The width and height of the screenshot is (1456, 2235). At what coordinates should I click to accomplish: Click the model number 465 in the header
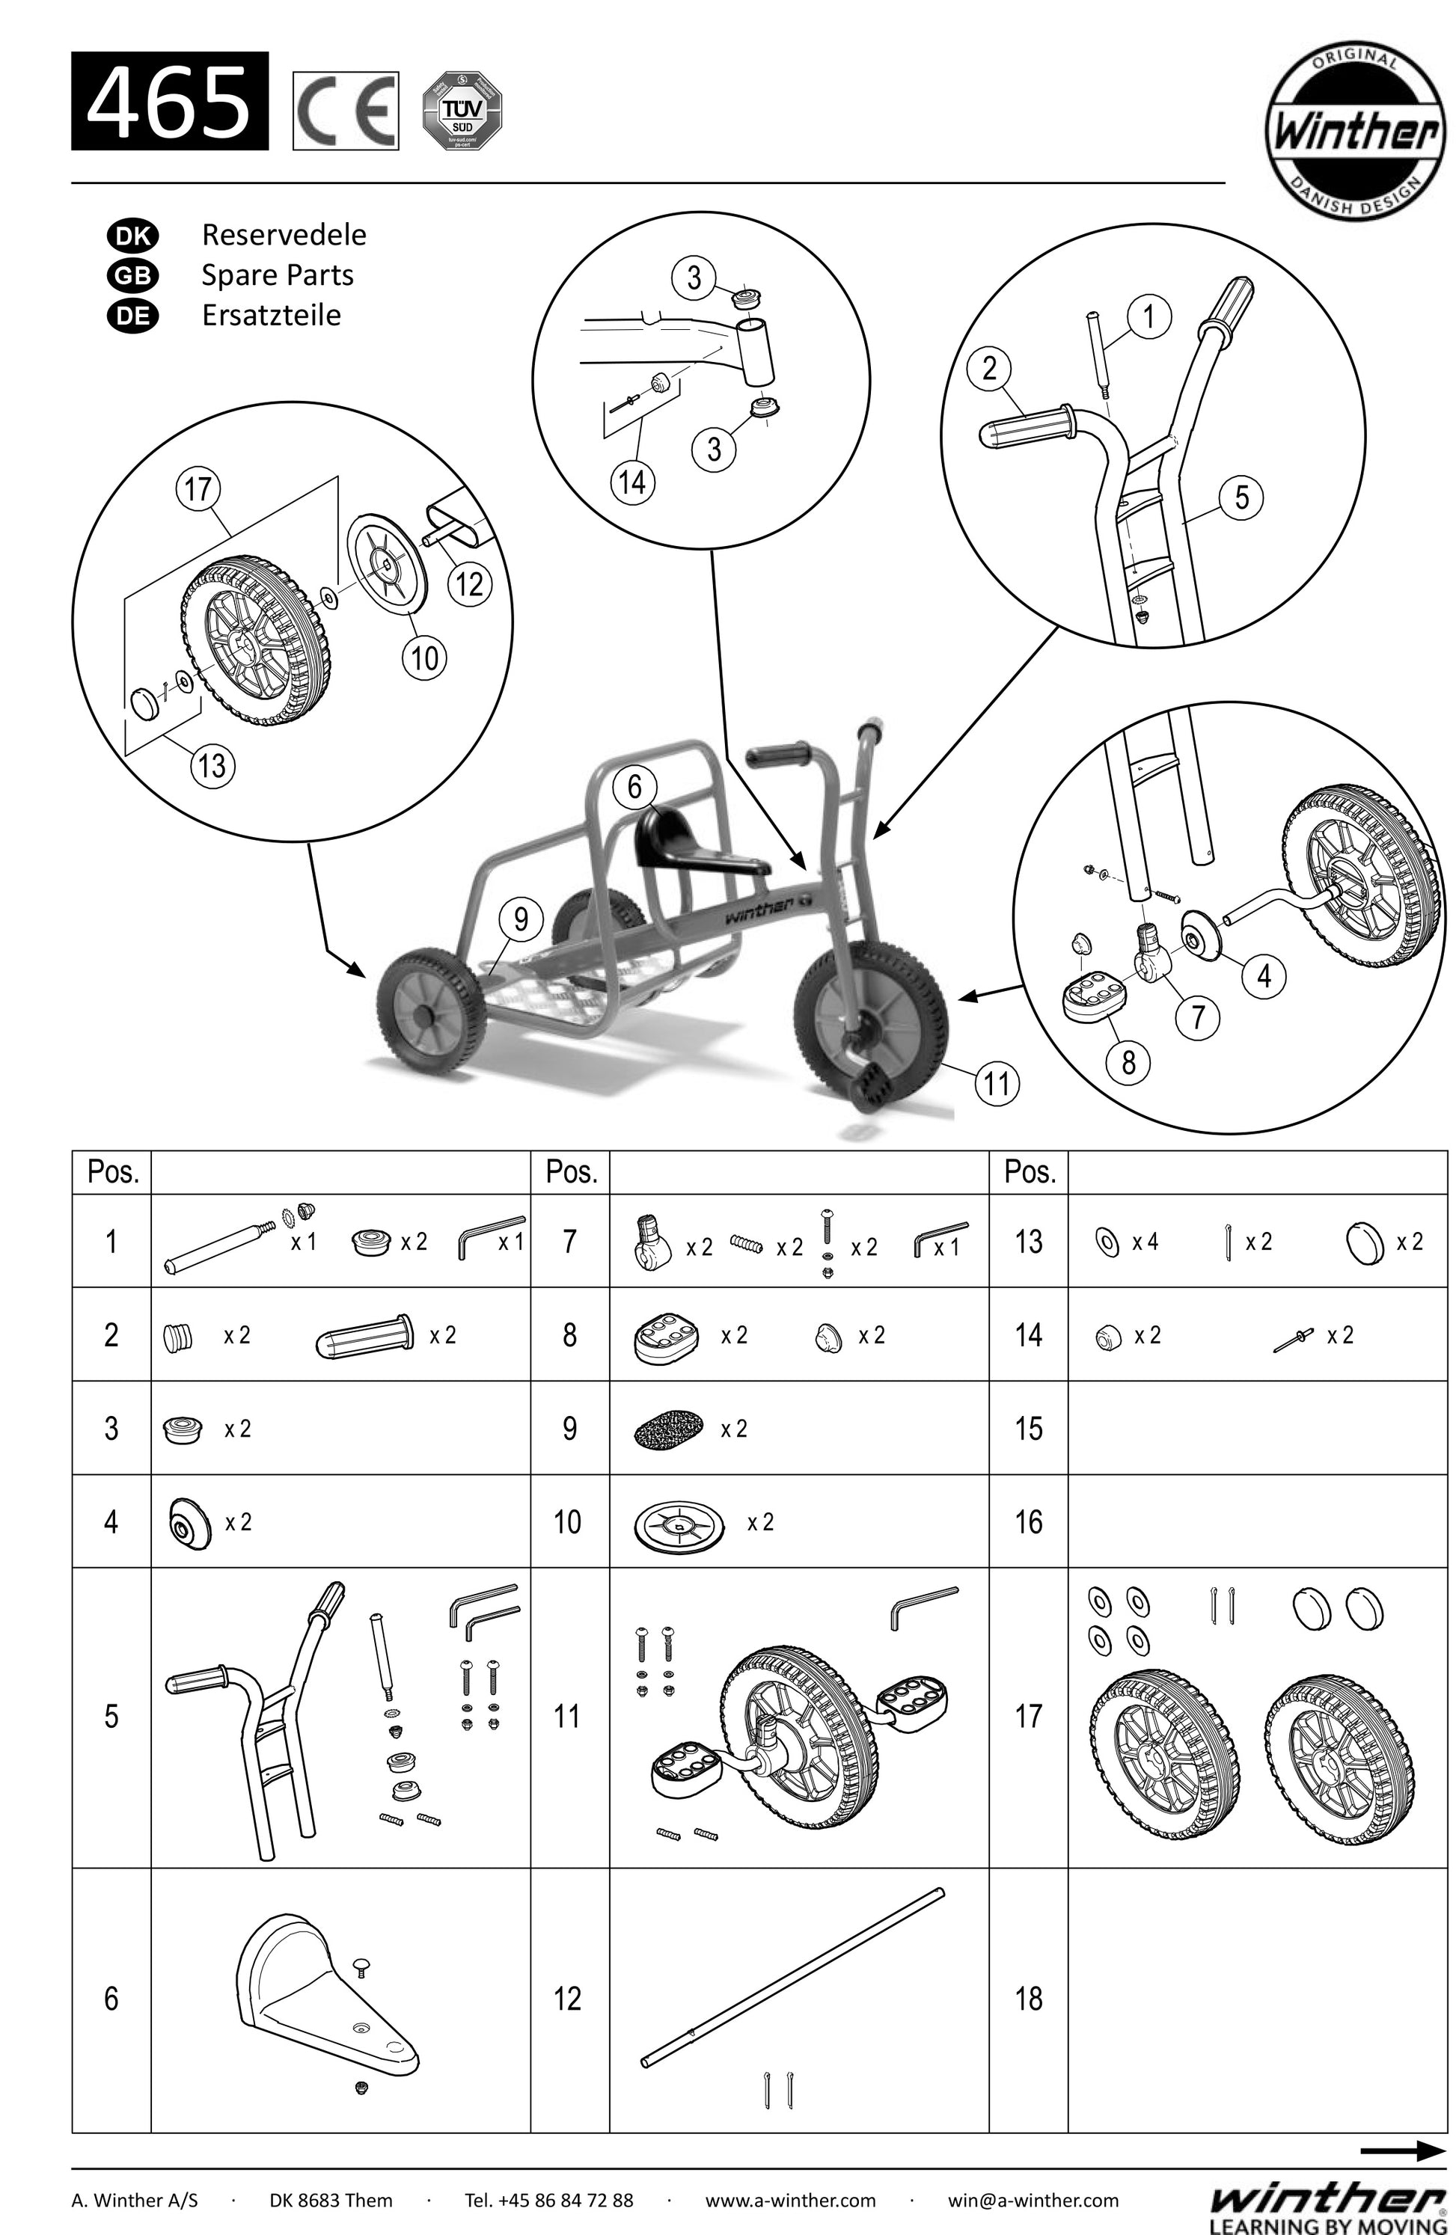(169, 102)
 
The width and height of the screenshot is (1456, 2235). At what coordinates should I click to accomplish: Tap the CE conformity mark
(345, 111)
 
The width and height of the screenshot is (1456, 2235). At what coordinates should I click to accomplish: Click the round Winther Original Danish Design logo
(1353, 133)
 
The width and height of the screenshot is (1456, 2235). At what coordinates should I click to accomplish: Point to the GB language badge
(132, 275)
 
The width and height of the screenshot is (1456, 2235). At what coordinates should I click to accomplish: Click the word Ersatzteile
(271, 315)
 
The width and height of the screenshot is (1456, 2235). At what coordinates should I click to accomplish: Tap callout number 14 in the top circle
(632, 482)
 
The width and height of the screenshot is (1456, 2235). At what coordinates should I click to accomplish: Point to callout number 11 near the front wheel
(997, 1084)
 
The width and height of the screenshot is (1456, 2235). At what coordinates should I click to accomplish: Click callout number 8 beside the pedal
(1128, 1062)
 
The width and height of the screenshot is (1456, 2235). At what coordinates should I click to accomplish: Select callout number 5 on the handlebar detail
(1242, 497)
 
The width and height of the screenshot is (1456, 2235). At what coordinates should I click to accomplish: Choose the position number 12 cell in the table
(567, 1999)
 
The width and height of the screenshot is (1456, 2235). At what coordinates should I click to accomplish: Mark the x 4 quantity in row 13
(1144, 1242)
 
